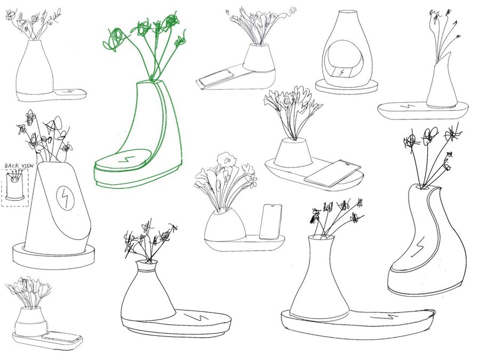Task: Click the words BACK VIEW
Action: tap(19, 166)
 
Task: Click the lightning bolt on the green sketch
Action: tap(126, 159)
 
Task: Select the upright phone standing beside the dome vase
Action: tap(270, 222)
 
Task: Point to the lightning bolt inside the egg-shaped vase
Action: tap(341, 73)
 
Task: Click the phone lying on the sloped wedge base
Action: tap(215, 78)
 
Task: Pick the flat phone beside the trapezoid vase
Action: tap(332, 173)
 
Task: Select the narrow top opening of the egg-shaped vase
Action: tap(347, 13)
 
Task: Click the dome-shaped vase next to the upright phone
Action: tap(225, 225)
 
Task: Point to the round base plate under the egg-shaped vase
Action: tap(346, 86)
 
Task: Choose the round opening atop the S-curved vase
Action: tap(423, 187)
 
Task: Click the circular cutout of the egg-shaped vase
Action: tap(345, 59)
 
